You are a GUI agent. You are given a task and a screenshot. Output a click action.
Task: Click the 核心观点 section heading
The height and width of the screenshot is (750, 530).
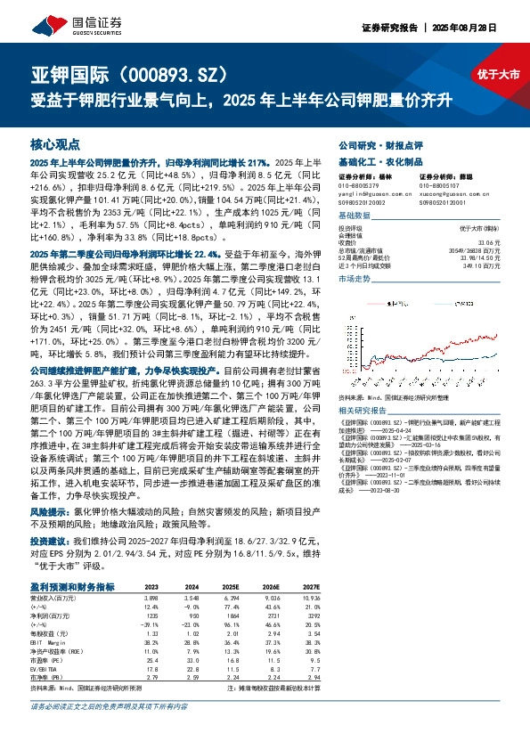55,143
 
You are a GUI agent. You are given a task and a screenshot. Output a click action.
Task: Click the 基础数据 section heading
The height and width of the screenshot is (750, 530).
357,216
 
